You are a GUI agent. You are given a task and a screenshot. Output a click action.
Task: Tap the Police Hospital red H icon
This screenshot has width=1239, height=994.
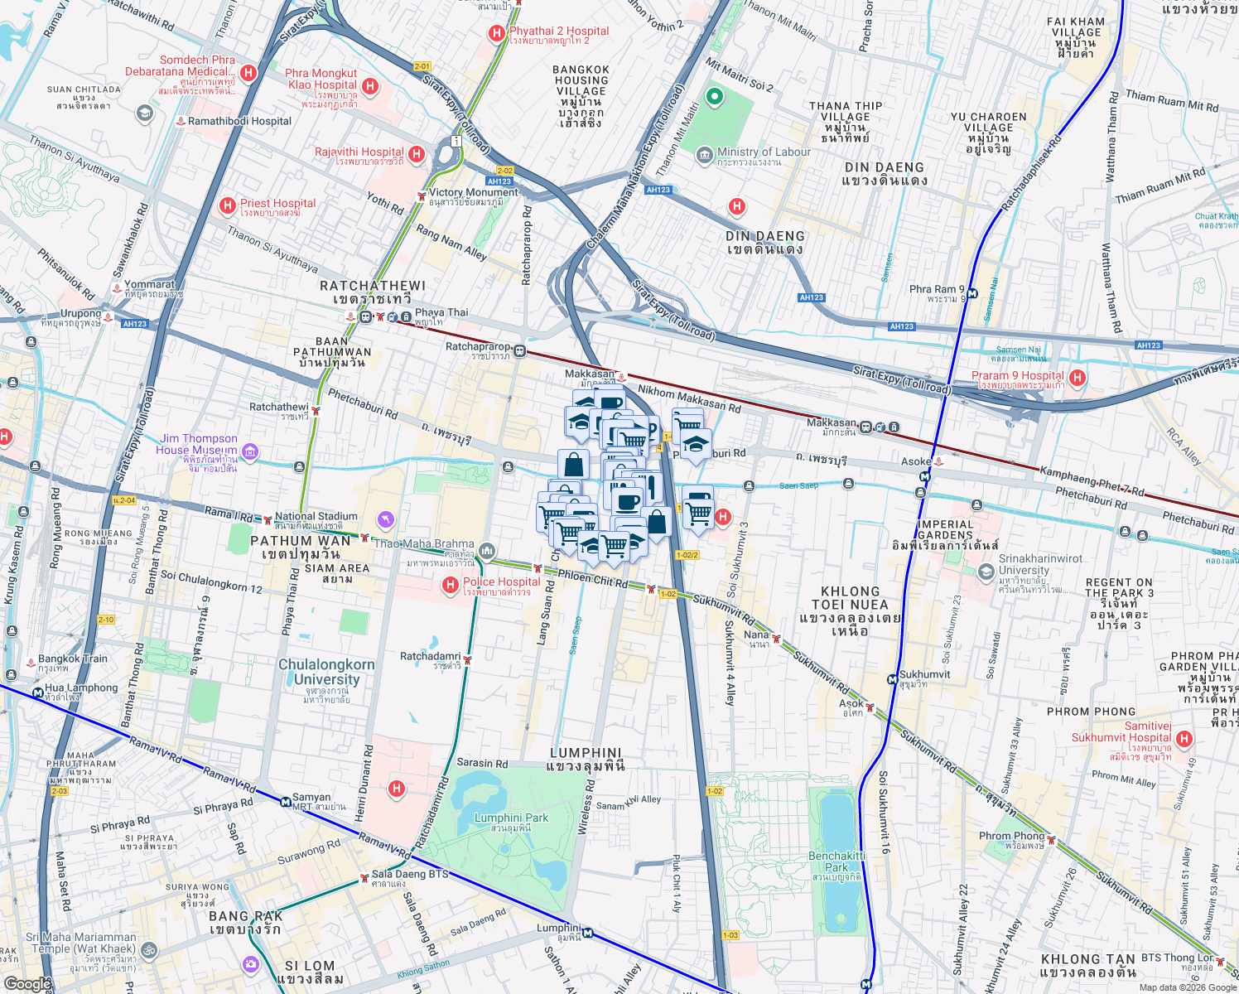pyautogui.click(x=451, y=586)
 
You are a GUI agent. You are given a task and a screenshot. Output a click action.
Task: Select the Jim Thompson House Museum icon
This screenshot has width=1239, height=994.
pyautogui.click(x=250, y=452)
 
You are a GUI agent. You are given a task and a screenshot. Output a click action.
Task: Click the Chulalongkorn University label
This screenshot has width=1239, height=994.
pyautogui.click(x=326, y=673)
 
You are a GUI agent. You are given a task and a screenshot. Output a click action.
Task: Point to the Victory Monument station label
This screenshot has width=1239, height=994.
pyautogui.click(x=473, y=193)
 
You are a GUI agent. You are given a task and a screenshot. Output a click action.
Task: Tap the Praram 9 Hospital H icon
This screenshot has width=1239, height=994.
pyautogui.click(x=1077, y=378)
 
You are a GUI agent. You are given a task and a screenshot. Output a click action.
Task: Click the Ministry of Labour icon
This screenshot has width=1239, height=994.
pyautogui.click(x=705, y=155)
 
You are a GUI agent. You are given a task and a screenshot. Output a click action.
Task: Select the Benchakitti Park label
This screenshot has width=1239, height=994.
pyautogui.click(x=836, y=861)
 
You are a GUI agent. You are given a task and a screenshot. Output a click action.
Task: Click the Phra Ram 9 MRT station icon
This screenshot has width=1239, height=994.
pyautogui.click(x=971, y=293)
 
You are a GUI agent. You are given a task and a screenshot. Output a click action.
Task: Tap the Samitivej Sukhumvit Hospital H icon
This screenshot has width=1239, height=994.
pyautogui.click(x=1184, y=739)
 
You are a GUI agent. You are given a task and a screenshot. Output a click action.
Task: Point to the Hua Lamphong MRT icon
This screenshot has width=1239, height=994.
pyautogui.click(x=37, y=693)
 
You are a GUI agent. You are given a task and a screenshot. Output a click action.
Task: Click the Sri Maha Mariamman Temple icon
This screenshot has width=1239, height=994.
pyautogui.click(x=149, y=950)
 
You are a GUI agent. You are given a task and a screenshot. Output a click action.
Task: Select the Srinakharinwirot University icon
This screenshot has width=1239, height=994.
pyautogui.click(x=986, y=572)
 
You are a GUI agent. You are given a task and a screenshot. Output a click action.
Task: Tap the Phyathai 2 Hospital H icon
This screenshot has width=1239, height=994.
pyautogui.click(x=496, y=33)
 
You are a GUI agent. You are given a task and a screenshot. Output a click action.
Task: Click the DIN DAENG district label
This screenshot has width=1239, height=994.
pyautogui.click(x=765, y=236)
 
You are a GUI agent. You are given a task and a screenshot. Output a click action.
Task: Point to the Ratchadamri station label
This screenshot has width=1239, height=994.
pyautogui.click(x=430, y=657)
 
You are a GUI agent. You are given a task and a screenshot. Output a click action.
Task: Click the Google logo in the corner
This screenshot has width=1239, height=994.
pyautogui.click(x=27, y=983)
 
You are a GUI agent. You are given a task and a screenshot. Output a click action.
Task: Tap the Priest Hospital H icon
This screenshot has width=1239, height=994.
pyautogui.click(x=227, y=205)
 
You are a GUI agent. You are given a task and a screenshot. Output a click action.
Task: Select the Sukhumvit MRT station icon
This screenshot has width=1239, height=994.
pyautogui.click(x=893, y=679)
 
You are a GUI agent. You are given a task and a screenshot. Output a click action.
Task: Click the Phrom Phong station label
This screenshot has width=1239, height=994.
pyautogui.click(x=1011, y=836)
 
